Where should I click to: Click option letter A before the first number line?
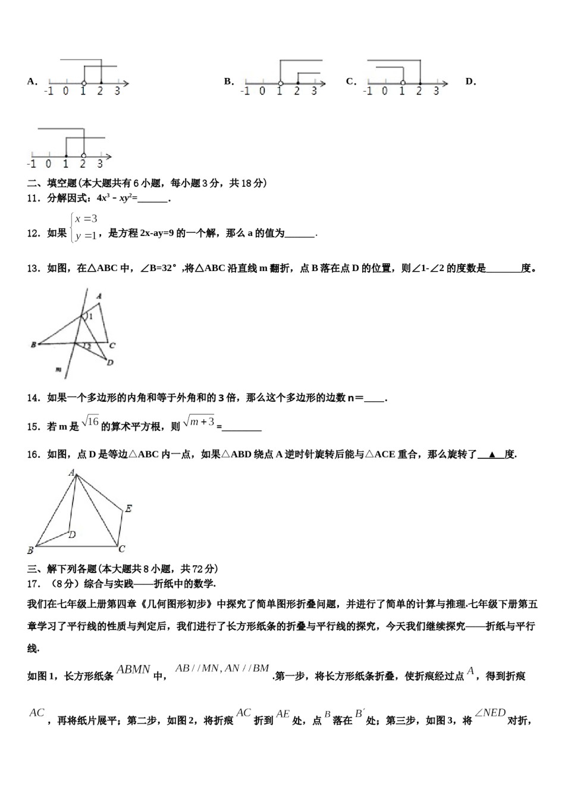click(x=32, y=81)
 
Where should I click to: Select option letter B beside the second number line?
click(x=228, y=81)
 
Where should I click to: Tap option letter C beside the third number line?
click(x=350, y=81)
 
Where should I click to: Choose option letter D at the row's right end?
click(x=470, y=81)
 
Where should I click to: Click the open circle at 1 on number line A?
click(x=83, y=83)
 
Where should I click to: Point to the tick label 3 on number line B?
click(x=314, y=91)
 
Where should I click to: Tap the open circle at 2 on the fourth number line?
click(x=83, y=156)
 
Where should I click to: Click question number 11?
click(x=33, y=199)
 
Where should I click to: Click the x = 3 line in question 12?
click(x=86, y=219)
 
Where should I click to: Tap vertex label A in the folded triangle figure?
click(x=99, y=296)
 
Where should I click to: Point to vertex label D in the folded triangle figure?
click(x=110, y=362)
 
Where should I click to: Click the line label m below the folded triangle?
click(x=58, y=370)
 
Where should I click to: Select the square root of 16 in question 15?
click(x=90, y=421)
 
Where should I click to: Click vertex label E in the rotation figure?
click(x=128, y=508)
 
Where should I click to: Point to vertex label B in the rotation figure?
click(x=30, y=550)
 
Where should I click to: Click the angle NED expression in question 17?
click(x=491, y=713)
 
